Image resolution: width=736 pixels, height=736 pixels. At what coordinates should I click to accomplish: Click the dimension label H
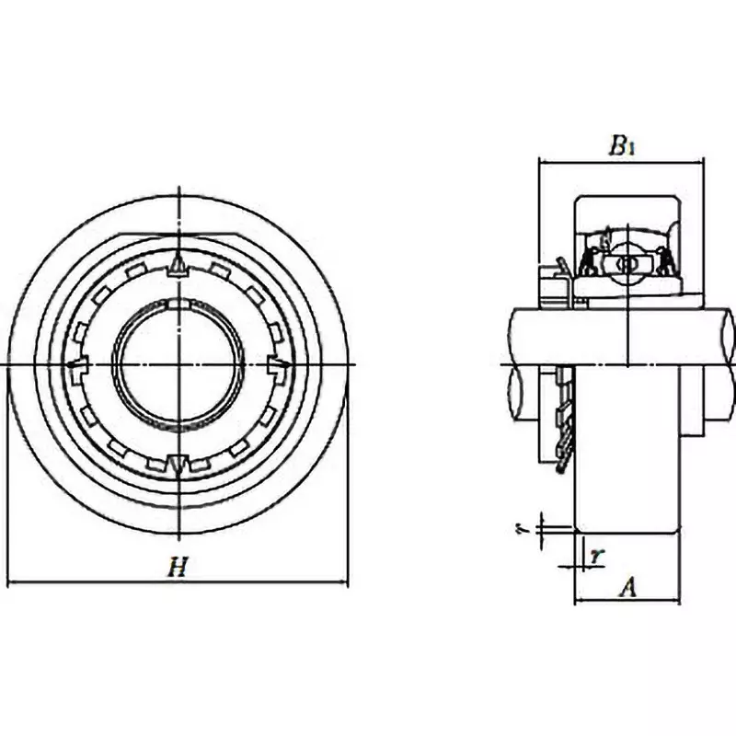[177, 569]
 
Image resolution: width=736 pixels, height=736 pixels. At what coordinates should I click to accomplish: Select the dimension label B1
[622, 145]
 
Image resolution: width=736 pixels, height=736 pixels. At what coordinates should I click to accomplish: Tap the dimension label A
[627, 587]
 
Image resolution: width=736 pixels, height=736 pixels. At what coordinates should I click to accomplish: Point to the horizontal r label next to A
[596, 555]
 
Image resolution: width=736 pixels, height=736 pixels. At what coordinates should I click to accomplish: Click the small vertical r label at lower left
[520, 528]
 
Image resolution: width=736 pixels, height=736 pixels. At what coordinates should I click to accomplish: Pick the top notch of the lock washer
[178, 267]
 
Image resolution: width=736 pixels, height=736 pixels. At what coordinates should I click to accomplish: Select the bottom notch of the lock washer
[178, 463]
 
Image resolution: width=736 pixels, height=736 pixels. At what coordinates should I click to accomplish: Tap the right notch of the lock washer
[277, 365]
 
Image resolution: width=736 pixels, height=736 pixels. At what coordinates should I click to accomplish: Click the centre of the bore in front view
[178, 365]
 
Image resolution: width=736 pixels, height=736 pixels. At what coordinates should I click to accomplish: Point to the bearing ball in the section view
[627, 264]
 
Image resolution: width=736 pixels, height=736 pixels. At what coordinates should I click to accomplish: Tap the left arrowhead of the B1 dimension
[543, 163]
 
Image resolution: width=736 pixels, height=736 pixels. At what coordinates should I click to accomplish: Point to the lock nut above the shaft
[555, 285]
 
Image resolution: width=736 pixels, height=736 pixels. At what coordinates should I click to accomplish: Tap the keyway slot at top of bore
[178, 304]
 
